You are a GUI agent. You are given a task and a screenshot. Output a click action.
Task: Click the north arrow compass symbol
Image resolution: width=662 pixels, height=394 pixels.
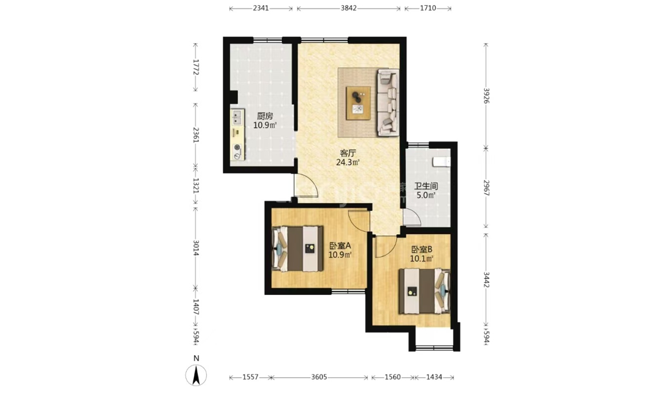point(197,375)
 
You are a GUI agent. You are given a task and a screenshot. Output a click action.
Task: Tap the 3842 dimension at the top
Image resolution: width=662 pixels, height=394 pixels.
point(348,8)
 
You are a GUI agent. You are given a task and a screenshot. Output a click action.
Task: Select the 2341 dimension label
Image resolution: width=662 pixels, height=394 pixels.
point(261,8)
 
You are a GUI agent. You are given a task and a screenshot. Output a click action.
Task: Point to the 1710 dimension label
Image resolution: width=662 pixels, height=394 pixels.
point(428,8)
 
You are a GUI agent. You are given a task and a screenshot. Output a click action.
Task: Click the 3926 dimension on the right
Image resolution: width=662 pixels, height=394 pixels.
point(486,96)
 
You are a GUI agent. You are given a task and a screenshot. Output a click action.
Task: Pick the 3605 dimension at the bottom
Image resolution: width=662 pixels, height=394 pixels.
point(319,377)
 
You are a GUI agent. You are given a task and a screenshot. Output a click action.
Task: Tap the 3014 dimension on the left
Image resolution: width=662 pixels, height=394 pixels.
point(195,248)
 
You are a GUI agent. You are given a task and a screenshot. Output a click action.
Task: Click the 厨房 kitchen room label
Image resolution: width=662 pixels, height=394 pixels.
point(265,116)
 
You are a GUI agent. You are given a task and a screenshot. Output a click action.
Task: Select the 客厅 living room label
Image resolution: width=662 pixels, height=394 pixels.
point(348,153)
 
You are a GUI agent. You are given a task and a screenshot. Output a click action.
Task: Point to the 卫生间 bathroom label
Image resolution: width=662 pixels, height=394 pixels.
point(426,186)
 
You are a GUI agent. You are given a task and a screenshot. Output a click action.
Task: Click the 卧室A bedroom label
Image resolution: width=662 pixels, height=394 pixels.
point(340,246)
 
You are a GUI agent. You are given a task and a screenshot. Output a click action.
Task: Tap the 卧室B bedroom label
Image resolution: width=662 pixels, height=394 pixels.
point(422,250)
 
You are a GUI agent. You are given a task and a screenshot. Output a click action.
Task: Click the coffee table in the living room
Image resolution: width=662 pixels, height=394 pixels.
point(358,103)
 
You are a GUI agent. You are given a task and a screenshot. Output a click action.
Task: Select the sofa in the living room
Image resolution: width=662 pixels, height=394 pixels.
point(388,103)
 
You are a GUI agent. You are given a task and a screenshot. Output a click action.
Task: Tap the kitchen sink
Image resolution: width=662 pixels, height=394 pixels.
point(237,117)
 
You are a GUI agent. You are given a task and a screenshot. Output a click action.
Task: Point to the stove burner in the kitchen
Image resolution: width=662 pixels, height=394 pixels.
point(238,151)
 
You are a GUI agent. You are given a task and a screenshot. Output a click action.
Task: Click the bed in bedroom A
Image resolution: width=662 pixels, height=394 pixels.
point(298,248)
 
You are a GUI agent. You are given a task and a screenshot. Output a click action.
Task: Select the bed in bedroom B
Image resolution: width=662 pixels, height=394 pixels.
point(425,291)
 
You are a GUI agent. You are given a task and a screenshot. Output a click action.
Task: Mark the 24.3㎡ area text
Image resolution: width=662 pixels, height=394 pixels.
point(348,162)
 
